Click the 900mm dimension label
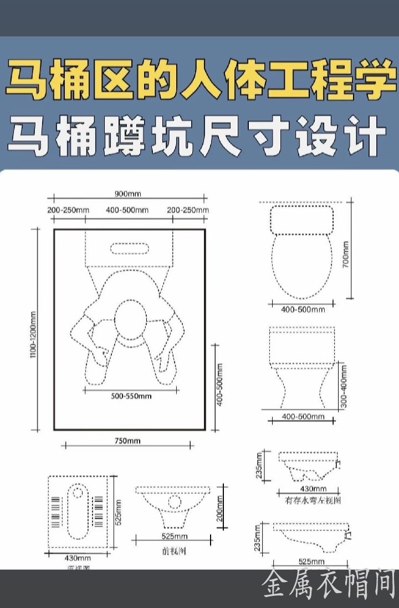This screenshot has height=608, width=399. [128, 194]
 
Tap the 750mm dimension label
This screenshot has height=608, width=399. [128, 441]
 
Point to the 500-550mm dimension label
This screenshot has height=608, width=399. [131, 396]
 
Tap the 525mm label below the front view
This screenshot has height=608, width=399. [175, 537]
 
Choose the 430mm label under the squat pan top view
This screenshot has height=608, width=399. [78, 558]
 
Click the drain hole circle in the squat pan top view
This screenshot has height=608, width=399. [78, 492]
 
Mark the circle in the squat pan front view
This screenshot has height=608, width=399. [175, 502]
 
